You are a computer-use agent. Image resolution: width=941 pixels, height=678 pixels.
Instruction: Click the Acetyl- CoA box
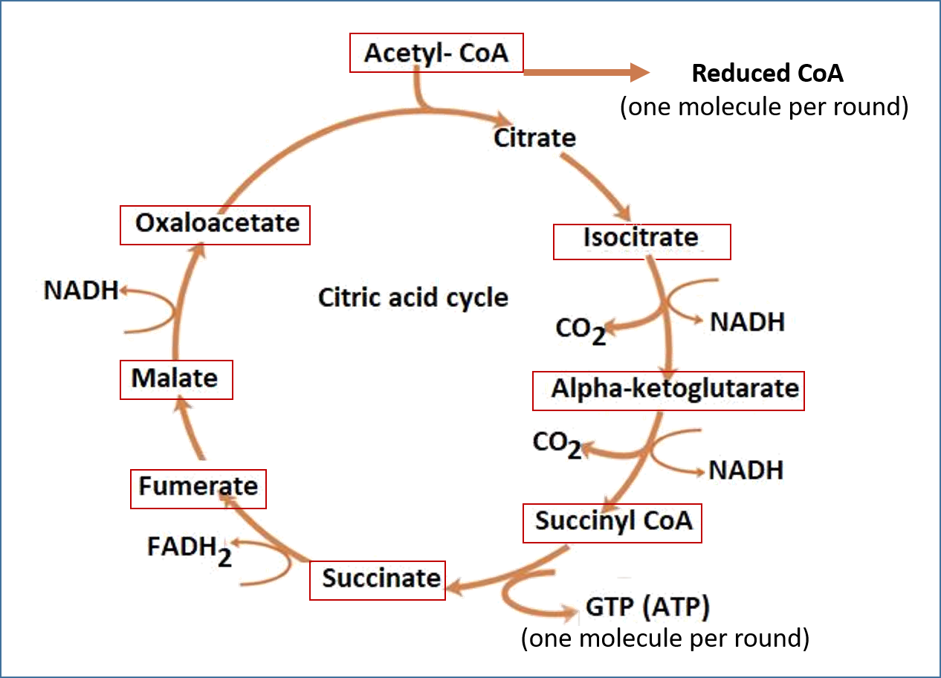pyautogui.click(x=436, y=53)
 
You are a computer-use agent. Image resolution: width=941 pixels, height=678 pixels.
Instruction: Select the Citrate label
pyautogui.click(x=535, y=138)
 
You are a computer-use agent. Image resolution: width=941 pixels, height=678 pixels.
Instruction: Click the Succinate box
pyautogui.click(x=378, y=580)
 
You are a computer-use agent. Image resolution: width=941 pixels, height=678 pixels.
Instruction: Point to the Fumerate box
pyautogui.click(x=198, y=488)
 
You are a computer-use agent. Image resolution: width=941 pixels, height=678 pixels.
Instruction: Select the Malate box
pyautogui.click(x=175, y=379)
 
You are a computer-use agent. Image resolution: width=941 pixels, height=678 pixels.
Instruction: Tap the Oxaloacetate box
pyautogui.click(x=216, y=224)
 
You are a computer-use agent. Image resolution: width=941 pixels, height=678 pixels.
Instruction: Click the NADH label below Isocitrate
pyautogui.click(x=747, y=323)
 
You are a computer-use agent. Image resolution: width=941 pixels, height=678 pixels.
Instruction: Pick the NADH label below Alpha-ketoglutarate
pyautogui.click(x=746, y=470)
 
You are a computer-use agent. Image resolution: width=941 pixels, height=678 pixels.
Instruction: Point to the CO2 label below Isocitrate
pyautogui.click(x=581, y=329)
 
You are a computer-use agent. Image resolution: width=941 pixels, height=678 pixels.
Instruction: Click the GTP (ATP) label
pyautogui.click(x=648, y=608)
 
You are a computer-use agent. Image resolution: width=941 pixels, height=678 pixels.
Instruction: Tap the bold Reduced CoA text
pyautogui.click(x=768, y=74)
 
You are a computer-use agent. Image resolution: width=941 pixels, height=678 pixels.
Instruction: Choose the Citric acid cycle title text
pyautogui.click(x=413, y=298)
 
